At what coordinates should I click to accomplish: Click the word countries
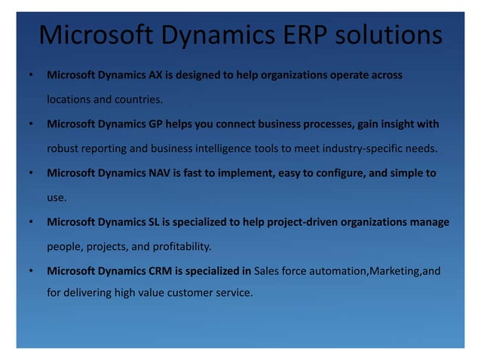[x=139, y=99]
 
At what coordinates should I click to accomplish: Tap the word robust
[x=63, y=148]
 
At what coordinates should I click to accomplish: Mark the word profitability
[x=184, y=246]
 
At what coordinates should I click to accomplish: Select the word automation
[x=334, y=270]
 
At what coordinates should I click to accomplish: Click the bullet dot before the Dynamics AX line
[x=29, y=76]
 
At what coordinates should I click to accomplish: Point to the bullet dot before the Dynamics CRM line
[x=29, y=271]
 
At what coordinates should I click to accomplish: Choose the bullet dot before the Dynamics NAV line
[x=29, y=173]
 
